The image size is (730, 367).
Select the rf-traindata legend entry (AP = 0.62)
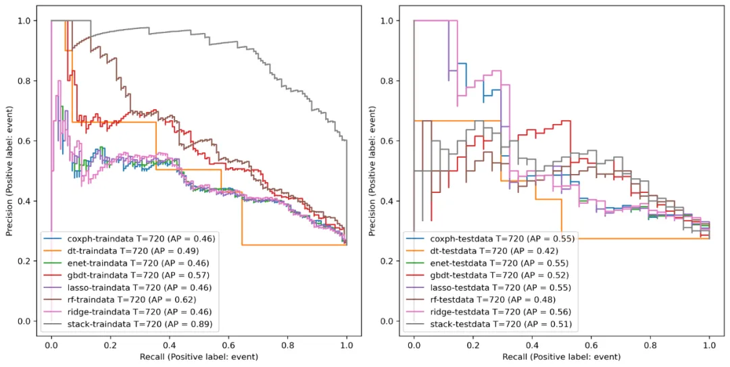pos(131,300)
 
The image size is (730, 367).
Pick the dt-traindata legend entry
pos(132,251)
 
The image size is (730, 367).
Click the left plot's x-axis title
pos(199,356)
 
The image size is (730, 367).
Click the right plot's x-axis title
pos(562,356)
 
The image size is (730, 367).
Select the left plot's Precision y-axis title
pos(9,172)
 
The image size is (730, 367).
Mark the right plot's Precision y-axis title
pos(372,172)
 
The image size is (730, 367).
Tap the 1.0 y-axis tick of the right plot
pos(387,21)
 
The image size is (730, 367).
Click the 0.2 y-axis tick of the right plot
pos(387,261)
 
